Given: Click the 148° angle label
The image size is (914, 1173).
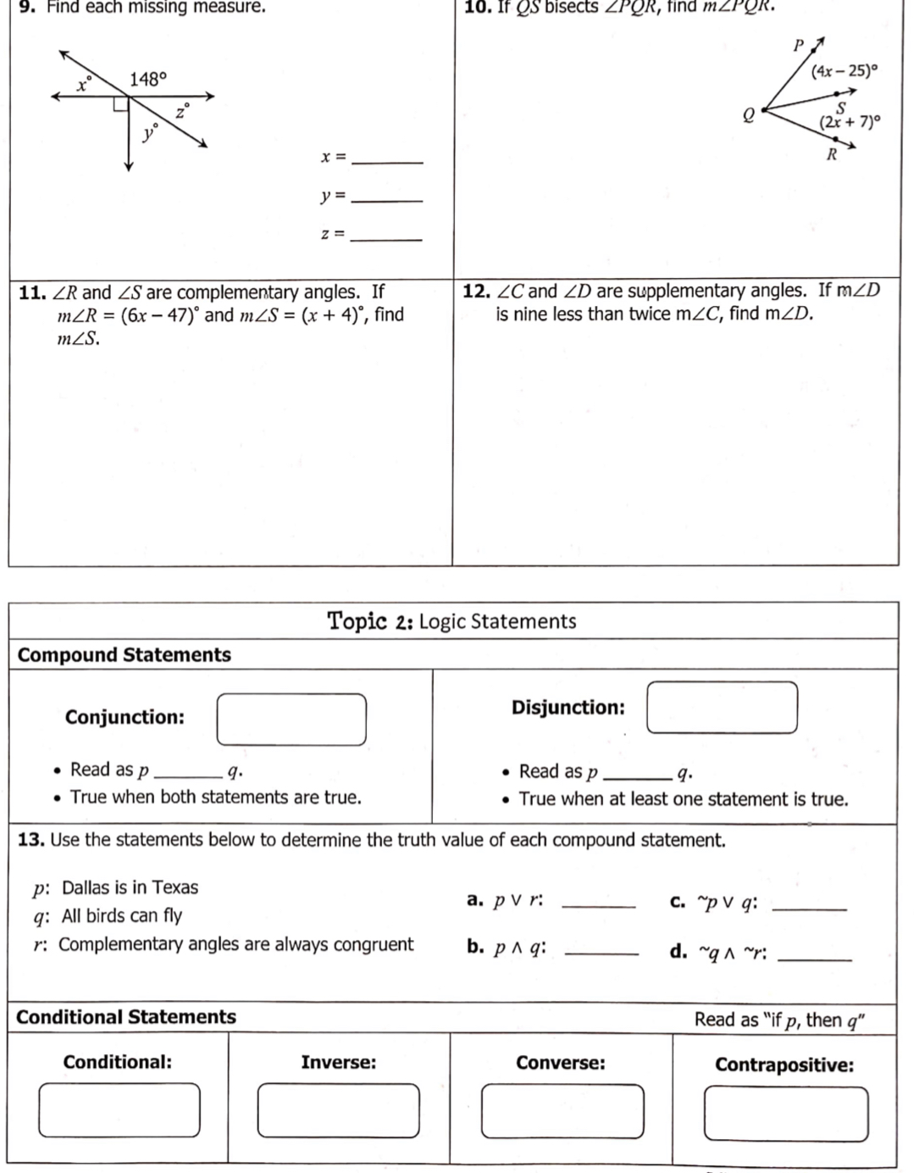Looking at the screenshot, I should coord(148,80).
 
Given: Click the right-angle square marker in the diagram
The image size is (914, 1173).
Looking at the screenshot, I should coord(121,103).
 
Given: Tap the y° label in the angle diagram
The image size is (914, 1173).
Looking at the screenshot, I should coord(150,131).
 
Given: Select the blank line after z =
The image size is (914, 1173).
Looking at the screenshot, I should coord(386,238).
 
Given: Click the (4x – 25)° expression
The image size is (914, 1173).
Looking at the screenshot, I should coord(840,71).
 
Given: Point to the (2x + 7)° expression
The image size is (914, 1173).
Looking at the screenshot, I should coord(850,122).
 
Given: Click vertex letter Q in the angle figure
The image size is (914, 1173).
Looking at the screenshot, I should coord(748,117).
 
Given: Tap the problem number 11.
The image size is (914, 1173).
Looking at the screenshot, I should coord(32,293).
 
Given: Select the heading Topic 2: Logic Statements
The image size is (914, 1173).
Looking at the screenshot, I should coord(451,621).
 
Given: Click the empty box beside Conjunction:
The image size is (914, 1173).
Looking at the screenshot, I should coord(291,720).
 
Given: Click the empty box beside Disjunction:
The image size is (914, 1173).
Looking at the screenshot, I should coord(722,708).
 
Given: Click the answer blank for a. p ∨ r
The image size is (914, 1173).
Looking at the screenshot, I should coord(598,905).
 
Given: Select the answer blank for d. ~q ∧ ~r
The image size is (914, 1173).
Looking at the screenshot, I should coord(814,958).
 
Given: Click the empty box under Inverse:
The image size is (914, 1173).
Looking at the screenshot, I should coord(338,1110).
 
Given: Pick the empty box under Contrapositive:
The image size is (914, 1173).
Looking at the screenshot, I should coord(785,1114).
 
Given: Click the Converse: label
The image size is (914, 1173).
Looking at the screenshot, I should coord(561,1063).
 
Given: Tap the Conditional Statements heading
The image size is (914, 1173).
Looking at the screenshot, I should coord(126,1017).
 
